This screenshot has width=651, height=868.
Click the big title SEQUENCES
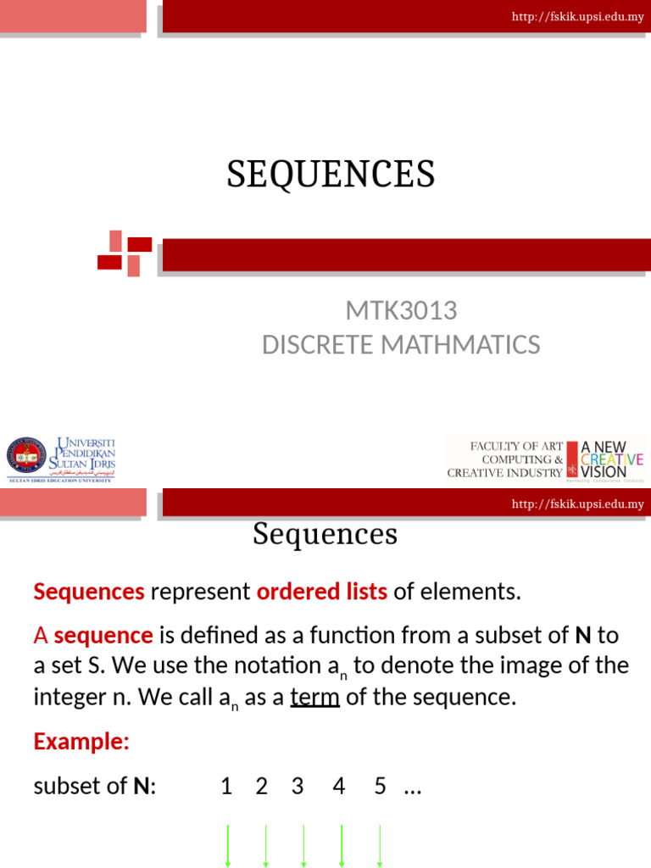(331, 175)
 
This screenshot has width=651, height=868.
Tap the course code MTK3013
(401, 311)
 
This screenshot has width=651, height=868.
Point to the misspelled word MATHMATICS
(464, 345)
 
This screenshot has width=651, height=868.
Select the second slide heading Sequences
(325, 534)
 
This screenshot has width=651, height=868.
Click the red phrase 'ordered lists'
(321, 592)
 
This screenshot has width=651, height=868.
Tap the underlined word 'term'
(315, 698)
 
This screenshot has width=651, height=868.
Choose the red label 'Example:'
(81, 742)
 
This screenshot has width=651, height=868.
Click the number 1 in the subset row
(226, 787)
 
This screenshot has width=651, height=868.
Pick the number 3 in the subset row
(298, 787)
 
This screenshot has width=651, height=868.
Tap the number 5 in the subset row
(380, 787)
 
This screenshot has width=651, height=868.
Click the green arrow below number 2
(265, 845)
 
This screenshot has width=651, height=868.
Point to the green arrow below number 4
(341, 845)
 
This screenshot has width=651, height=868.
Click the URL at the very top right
(577, 17)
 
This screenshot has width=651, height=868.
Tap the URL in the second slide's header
(577, 504)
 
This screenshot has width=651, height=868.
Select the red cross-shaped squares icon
(125, 253)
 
